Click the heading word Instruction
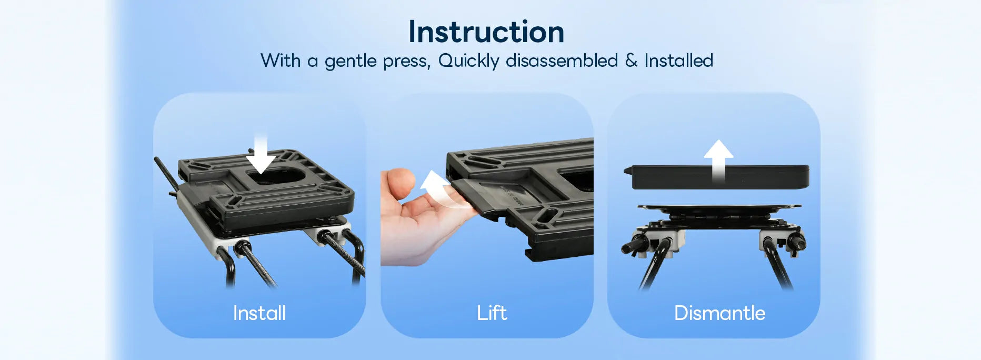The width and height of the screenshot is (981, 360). point(486,32)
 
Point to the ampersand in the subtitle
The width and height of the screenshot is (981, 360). point(631,61)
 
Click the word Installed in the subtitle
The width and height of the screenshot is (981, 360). point(679,61)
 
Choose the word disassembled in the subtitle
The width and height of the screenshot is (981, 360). point(562,61)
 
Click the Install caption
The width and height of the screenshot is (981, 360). point(259,313)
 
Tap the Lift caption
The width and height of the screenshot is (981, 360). point(492,313)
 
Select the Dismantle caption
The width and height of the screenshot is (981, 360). point(719,313)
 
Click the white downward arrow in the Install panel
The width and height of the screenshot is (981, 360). point(261,155)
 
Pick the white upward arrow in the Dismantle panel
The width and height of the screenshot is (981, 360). point(718,161)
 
